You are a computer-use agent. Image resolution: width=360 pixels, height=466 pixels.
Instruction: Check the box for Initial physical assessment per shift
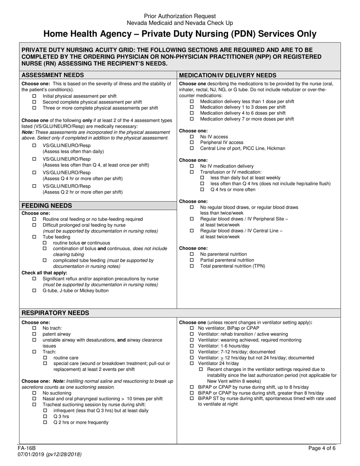click(x=34, y=96)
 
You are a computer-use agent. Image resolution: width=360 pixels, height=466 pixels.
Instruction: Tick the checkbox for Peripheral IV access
click(x=192, y=142)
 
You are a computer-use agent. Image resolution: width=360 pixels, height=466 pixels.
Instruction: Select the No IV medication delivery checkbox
click(x=192, y=166)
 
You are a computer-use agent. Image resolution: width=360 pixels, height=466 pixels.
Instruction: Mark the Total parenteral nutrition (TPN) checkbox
click(x=192, y=266)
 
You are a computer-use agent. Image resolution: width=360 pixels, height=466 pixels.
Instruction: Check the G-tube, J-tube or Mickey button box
click(x=34, y=291)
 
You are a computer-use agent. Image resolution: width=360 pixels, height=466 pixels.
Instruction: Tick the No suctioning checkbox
click(x=34, y=393)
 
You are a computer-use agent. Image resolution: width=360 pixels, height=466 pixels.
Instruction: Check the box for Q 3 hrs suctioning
click(x=45, y=416)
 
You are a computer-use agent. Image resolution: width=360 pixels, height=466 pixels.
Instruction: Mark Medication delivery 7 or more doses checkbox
click(x=192, y=119)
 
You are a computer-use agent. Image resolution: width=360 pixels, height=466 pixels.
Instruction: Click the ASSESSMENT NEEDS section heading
click(x=53, y=75)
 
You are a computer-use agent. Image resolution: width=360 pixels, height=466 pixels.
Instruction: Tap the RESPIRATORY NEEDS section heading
click(x=55, y=313)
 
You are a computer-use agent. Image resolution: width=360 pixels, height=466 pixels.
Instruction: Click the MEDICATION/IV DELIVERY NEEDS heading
click(x=227, y=75)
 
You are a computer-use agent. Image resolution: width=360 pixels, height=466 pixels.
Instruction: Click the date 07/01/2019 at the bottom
click(x=31, y=454)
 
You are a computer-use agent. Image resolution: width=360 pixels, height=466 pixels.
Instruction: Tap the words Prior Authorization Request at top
click(x=180, y=16)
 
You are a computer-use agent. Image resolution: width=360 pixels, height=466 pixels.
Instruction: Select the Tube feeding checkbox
click(x=34, y=237)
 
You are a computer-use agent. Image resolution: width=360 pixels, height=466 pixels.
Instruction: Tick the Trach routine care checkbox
click(x=45, y=358)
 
